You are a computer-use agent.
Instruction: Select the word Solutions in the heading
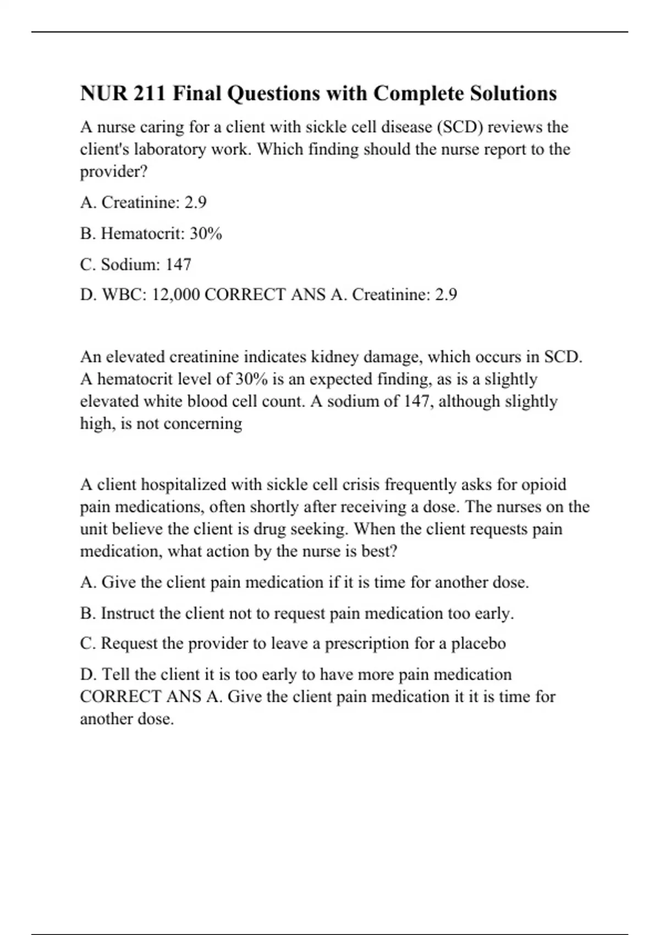pyautogui.click(x=513, y=94)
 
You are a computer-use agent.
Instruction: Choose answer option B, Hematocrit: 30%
pyautogui.click(x=151, y=234)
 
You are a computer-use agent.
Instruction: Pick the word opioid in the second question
pyautogui.click(x=543, y=485)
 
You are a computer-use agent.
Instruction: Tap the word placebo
pyautogui.click(x=479, y=643)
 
